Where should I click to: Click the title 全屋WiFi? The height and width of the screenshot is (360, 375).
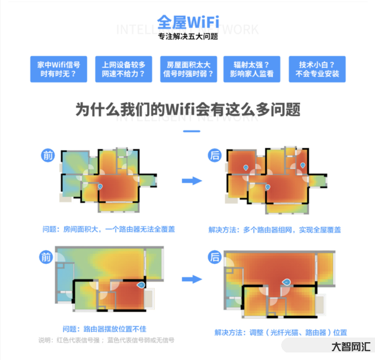[x=187, y=22]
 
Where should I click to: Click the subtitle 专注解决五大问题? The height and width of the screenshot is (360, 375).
[x=187, y=37]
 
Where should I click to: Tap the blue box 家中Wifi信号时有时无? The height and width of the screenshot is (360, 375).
[x=59, y=69]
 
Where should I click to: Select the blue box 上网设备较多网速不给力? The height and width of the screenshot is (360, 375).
[x=123, y=69]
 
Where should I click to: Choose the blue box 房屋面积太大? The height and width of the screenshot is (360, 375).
[x=188, y=69]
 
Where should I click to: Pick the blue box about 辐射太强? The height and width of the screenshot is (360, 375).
[x=252, y=69]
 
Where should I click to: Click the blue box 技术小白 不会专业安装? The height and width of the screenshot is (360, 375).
[x=317, y=69]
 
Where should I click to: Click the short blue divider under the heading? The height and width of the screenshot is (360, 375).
[x=187, y=131]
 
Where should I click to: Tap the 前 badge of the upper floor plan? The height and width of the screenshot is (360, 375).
[x=48, y=155]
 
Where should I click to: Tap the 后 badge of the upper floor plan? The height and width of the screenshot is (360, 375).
[x=215, y=155]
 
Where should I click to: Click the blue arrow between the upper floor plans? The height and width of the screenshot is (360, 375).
[x=191, y=180]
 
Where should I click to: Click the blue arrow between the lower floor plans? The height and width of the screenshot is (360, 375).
[x=191, y=279]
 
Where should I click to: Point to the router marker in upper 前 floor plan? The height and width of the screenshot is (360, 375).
[x=100, y=186]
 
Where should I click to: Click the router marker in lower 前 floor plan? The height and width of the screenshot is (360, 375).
[x=140, y=285]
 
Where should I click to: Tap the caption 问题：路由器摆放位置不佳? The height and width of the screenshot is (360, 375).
[x=108, y=329]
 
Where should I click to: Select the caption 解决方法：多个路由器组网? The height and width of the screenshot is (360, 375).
[x=275, y=230]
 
